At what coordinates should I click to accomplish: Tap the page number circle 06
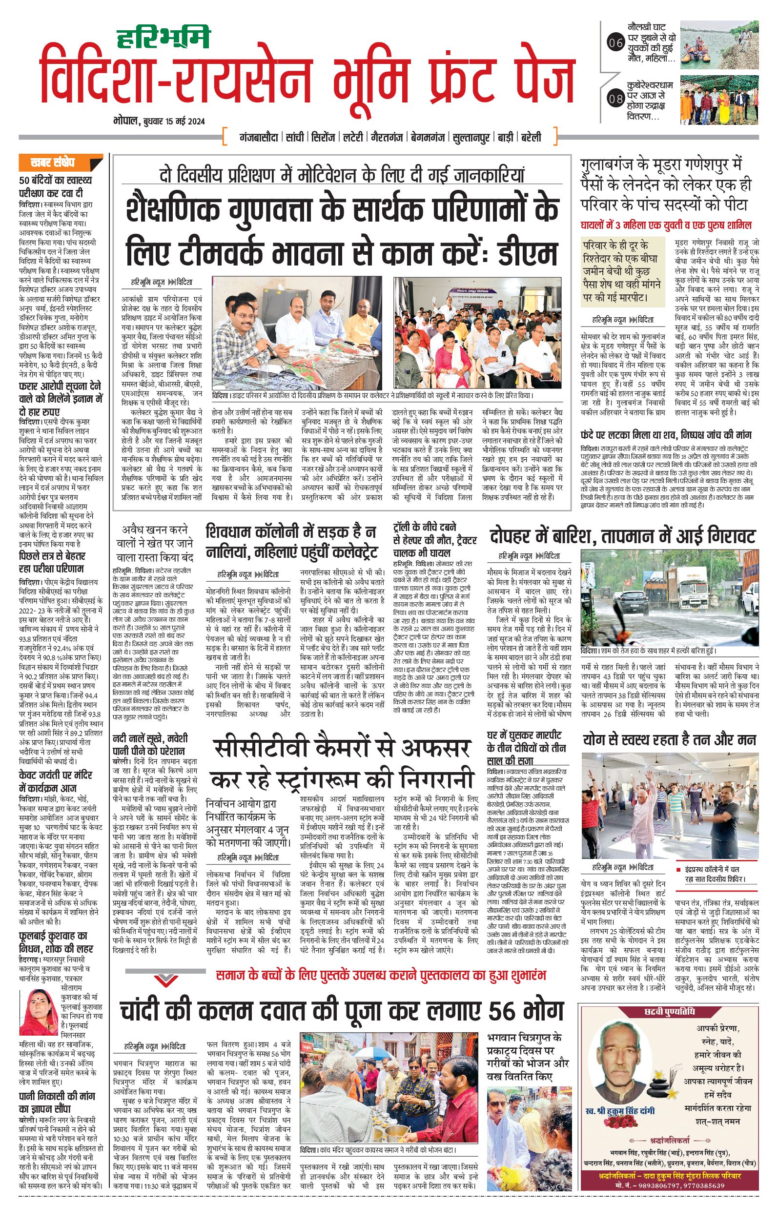tap(616, 43)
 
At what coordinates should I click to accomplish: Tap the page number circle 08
tap(616, 99)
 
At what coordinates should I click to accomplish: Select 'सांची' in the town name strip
tap(295, 137)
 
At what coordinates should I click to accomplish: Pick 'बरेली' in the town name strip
tap(531, 137)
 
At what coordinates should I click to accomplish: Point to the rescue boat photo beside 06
tap(719, 43)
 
